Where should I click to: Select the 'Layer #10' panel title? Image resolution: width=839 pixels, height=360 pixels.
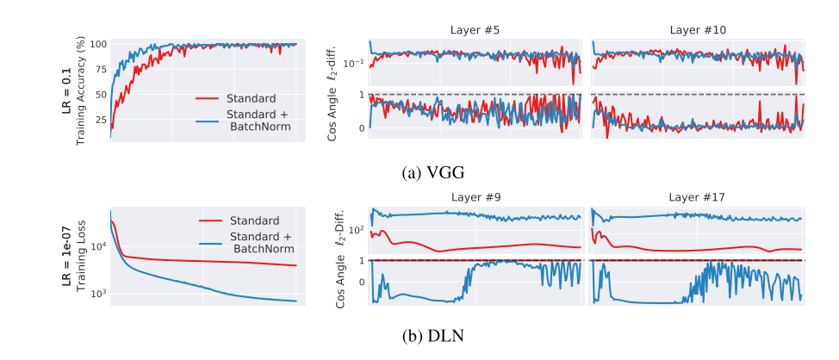point(698,30)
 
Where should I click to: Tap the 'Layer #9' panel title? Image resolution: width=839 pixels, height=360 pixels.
point(476,197)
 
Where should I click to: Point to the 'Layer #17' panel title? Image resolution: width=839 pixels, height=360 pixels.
point(698,197)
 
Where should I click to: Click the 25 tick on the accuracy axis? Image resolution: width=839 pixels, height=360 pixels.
point(101,120)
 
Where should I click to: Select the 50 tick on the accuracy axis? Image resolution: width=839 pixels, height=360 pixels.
point(101,95)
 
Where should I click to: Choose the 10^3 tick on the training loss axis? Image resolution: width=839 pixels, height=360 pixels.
point(97,294)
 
